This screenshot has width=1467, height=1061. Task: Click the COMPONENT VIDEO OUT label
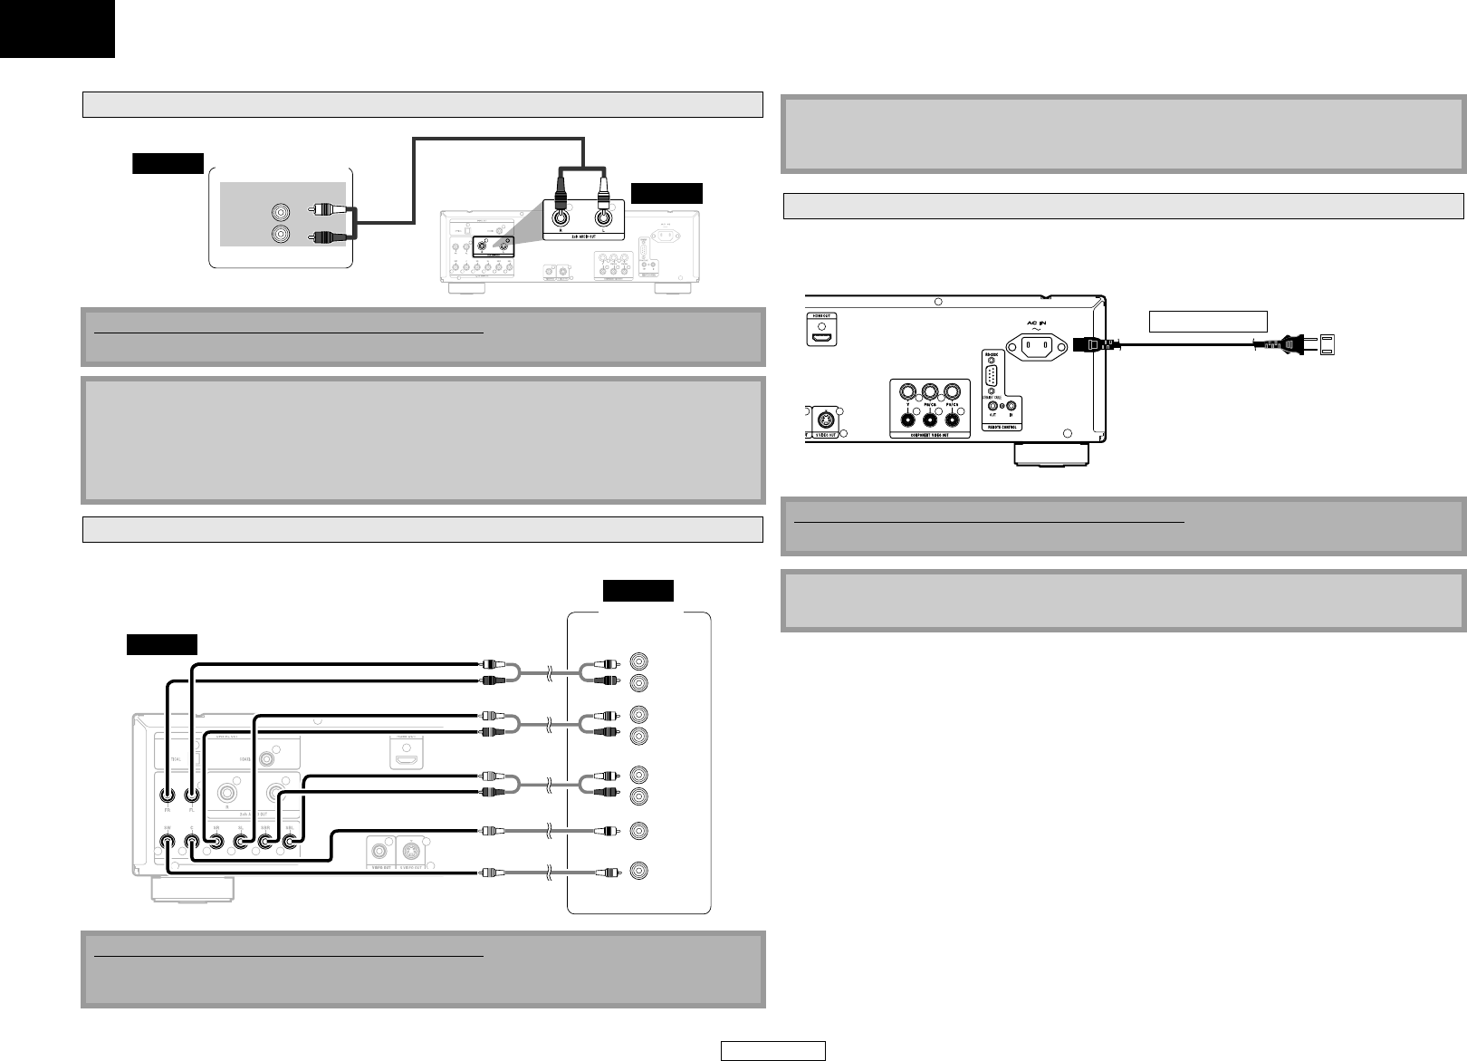929,434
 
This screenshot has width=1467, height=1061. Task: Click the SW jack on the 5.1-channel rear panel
168,841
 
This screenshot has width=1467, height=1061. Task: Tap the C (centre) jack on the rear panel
192,841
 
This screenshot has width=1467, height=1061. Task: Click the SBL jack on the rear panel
291,841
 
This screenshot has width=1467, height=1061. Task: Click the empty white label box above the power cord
1208,320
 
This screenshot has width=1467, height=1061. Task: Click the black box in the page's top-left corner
57,28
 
